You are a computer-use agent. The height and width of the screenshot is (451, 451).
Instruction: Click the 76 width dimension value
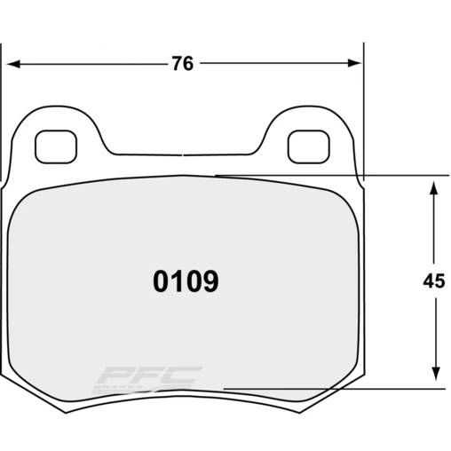tap(184, 64)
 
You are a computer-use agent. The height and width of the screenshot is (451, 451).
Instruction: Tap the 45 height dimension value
tap(433, 282)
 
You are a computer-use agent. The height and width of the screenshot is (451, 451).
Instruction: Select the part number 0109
tap(186, 282)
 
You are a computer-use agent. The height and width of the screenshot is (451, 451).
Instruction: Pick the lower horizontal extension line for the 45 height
tap(355, 389)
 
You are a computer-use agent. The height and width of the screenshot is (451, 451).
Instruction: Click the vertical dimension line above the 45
tap(434, 231)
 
